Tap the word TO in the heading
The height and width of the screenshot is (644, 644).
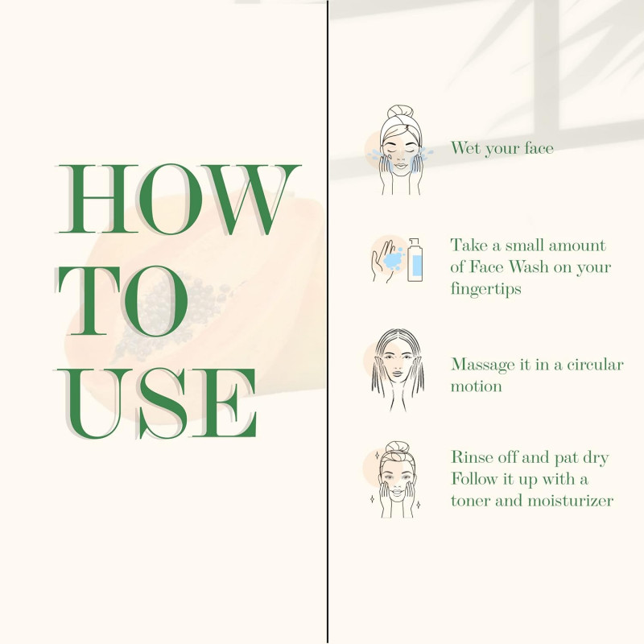[x=122, y=300]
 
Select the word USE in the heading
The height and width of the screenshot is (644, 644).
[x=155, y=404]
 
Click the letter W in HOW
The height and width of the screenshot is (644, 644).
[x=250, y=200]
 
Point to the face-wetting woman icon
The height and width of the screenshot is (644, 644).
[x=400, y=150]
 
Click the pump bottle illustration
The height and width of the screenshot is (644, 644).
[x=415, y=260]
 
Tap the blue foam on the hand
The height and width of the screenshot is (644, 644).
[x=393, y=259]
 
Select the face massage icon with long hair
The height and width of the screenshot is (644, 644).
[x=398, y=369]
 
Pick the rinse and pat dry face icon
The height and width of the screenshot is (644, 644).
[x=396, y=480]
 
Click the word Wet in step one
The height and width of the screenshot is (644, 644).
[x=466, y=148]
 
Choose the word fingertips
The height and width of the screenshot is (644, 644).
[x=486, y=289]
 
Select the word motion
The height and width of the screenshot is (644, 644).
[x=477, y=386]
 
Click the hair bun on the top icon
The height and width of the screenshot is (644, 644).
[x=400, y=112]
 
